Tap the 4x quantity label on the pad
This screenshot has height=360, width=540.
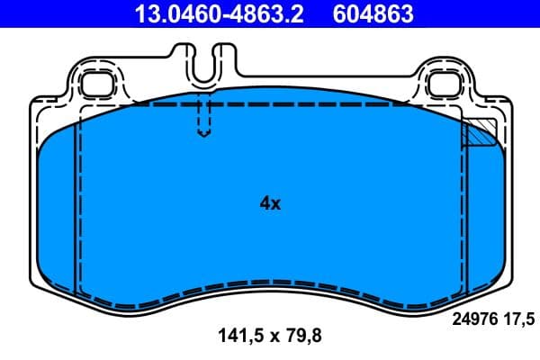270,203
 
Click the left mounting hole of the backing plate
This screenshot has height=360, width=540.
94,84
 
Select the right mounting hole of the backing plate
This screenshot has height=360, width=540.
444,84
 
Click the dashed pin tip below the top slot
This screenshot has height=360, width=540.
204,130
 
